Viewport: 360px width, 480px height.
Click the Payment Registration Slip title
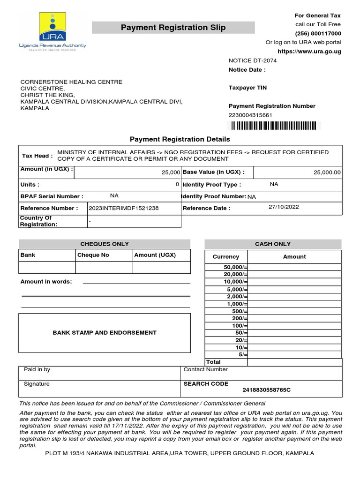(x=173, y=28)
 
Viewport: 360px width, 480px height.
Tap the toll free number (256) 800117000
(x=318, y=33)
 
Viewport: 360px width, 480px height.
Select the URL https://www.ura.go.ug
(x=309, y=51)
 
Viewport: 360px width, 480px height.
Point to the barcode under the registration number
(x=272, y=125)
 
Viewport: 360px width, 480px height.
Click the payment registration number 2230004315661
(x=250, y=115)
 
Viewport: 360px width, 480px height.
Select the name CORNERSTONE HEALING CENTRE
(x=71, y=82)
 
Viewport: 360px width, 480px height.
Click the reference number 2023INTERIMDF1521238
(x=124, y=208)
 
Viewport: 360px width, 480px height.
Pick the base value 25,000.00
(x=327, y=172)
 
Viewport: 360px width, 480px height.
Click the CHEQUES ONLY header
(x=105, y=244)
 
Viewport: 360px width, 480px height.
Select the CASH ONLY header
(x=273, y=244)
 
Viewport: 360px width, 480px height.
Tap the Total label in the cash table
(x=213, y=362)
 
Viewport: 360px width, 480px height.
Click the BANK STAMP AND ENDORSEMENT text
(x=105, y=333)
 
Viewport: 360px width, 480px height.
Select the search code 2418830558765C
(x=266, y=390)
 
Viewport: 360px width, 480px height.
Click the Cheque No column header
(x=93, y=255)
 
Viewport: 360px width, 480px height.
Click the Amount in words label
(x=46, y=282)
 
